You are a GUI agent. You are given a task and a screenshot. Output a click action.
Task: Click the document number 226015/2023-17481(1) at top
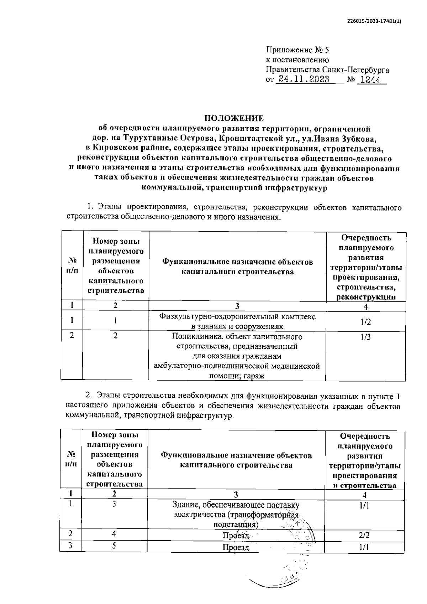[374, 21]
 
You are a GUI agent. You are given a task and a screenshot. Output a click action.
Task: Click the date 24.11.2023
[304, 79]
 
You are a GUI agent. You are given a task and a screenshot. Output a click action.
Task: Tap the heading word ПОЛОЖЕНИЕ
[234, 118]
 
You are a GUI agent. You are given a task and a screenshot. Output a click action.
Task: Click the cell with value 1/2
[365, 322]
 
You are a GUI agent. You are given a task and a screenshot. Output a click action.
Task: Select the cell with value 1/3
[365, 337]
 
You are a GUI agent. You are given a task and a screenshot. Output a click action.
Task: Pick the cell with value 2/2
[364, 535]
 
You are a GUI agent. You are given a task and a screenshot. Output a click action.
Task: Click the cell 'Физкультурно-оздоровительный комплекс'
[237, 317]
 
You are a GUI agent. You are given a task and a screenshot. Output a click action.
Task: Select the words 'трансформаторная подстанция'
[249, 520]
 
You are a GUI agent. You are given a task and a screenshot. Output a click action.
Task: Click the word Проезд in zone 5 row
[236, 547]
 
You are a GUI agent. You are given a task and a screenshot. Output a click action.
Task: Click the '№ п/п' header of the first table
[72, 265]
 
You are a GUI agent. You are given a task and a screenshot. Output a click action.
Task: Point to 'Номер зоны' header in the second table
[115, 435]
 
